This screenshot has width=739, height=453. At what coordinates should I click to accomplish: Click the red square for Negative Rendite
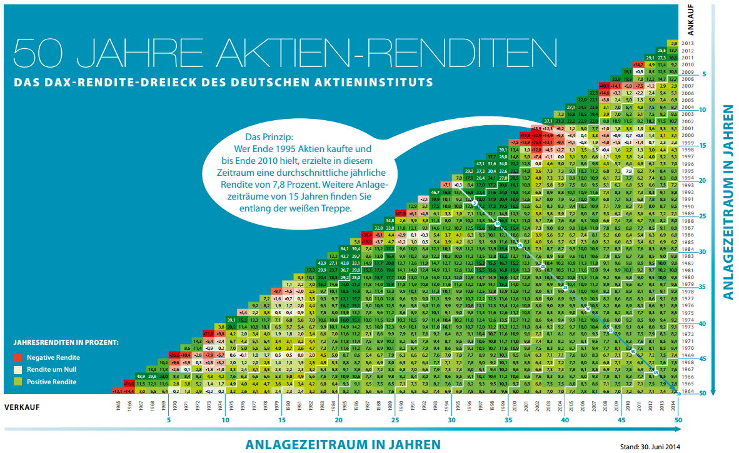(19, 357)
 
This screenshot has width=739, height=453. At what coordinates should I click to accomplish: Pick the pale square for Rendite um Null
(19, 370)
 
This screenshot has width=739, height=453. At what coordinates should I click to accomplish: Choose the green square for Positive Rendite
(19, 382)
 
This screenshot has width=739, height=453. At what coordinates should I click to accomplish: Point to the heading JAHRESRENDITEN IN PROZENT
(66, 344)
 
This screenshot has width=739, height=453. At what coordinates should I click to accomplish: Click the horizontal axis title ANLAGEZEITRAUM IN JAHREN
(343, 444)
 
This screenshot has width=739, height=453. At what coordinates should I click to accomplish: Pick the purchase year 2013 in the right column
(688, 43)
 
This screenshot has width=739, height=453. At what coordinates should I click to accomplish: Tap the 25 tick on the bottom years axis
(395, 420)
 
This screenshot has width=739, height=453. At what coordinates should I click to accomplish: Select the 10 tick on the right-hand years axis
(703, 110)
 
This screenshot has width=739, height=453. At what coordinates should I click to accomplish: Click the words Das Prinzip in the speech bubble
(268, 136)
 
